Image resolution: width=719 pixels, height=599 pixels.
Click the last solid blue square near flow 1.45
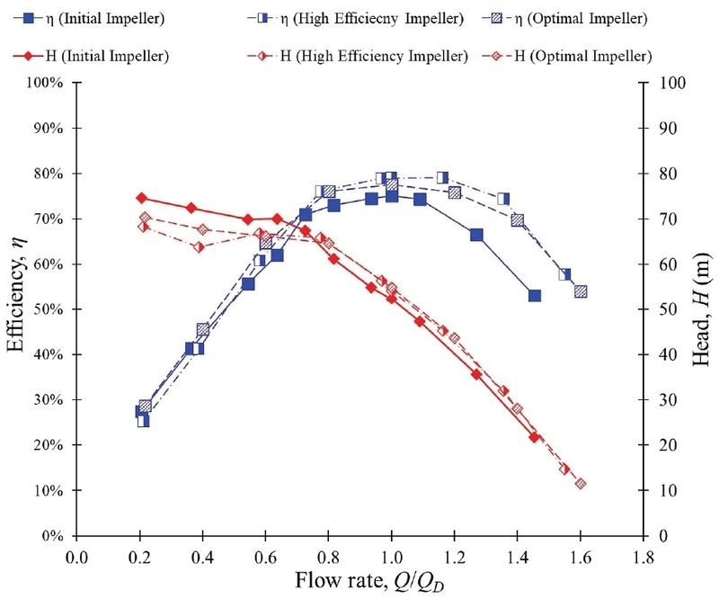click(535, 295)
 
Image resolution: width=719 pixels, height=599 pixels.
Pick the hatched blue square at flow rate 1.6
click(581, 291)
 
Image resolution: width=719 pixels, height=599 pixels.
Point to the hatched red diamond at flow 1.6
click(581, 484)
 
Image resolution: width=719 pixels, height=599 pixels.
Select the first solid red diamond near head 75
click(141, 198)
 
